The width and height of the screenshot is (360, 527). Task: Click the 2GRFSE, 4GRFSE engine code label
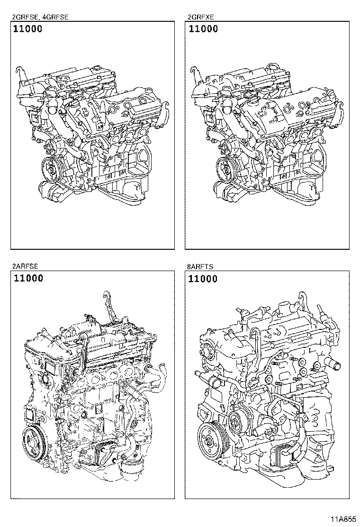40,17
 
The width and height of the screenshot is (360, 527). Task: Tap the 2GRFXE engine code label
201,17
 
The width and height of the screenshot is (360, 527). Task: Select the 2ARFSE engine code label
25,266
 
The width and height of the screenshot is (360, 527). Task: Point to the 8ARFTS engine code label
200,267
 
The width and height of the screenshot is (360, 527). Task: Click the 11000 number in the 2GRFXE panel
203,29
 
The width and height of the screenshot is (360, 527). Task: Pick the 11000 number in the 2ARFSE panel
28,278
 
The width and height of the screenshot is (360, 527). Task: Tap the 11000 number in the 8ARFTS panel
203,279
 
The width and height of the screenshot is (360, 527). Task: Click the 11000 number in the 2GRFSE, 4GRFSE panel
28,29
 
